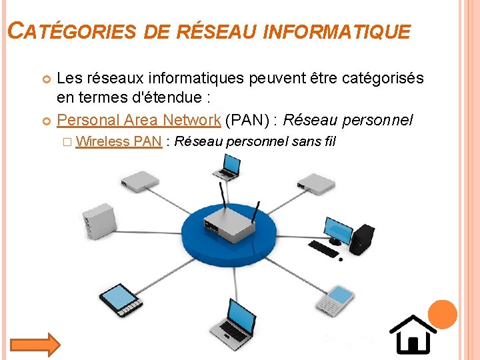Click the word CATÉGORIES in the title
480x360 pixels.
[71, 31]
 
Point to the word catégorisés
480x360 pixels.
[382, 79]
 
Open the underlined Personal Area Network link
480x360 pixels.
[139, 120]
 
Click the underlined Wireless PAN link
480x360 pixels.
[119, 141]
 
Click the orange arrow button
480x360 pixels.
[35, 344]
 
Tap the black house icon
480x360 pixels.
[413, 334]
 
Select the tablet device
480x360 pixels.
[121, 301]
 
